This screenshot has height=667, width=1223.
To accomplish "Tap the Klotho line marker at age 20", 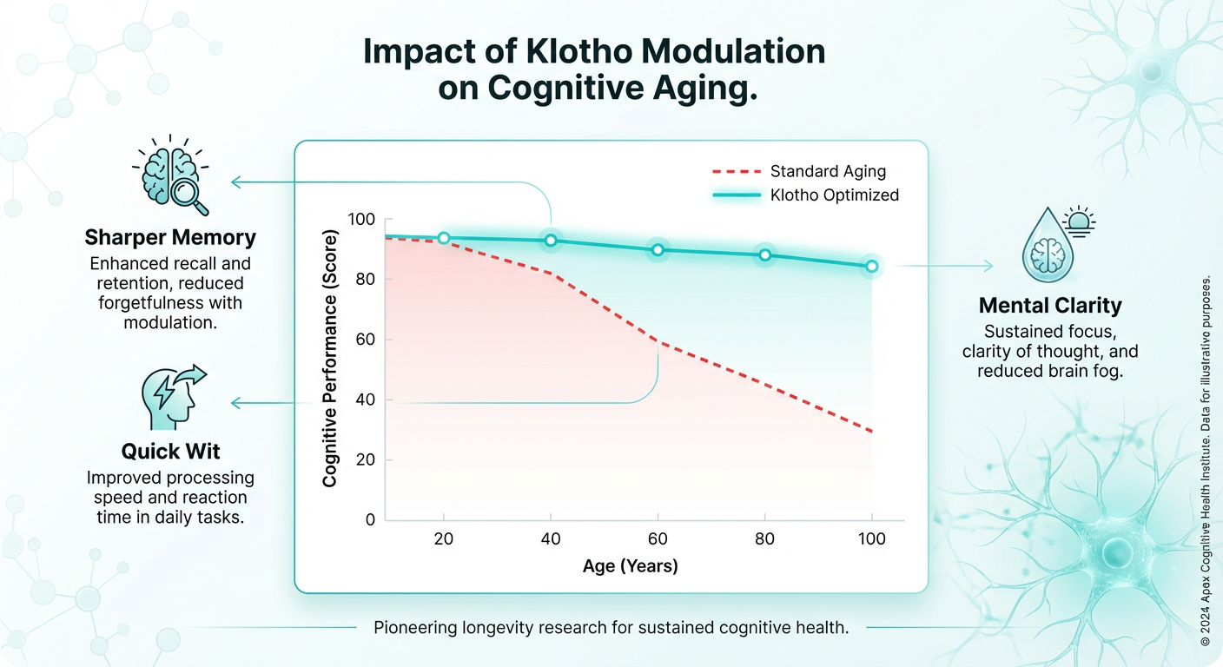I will pos(444,238).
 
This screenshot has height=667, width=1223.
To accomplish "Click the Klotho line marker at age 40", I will pos(551,241).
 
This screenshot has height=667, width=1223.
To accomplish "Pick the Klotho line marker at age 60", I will pos(658,250).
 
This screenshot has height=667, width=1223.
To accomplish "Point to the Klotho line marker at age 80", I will pos(765,255).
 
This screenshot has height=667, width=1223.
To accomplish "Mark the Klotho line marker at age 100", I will pos(871,267).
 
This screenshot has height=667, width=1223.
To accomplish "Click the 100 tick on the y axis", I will pos(361,219).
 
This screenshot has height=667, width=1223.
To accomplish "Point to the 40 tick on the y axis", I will pos(366,400).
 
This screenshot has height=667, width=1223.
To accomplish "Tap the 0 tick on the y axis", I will pos(370,520).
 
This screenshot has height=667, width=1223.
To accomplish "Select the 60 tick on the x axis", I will pos(658,539).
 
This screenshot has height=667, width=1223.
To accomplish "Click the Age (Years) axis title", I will pos(630,566).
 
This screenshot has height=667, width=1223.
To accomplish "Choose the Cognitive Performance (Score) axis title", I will pos(330,358).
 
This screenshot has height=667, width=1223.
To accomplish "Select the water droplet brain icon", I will pos(1046,250).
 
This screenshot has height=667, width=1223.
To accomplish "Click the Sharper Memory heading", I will pos(170,237).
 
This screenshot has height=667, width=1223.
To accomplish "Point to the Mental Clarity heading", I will pos(1050,306).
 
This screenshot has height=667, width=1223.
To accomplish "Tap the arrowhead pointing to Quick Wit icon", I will pos(235,403).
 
